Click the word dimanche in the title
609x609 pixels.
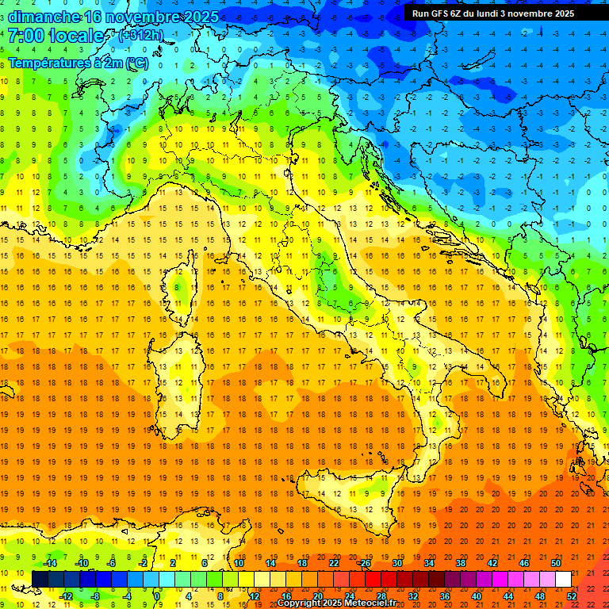[x=44, y=17]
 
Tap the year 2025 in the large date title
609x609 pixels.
[x=201, y=17]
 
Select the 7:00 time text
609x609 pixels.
[x=26, y=36]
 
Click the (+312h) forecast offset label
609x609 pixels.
[x=143, y=36]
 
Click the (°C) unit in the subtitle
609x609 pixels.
[x=136, y=63]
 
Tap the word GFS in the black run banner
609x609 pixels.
[x=438, y=13]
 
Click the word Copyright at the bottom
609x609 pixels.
[x=300, y=603]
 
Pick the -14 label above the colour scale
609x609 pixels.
[x=49, y=563]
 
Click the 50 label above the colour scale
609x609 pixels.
[x=556, y=563]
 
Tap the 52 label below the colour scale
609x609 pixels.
[x=572, y=596]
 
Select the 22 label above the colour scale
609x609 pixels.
[x=333, y=563]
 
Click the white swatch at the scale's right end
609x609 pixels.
[x=563, y=579]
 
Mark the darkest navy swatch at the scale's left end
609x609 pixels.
[x=40, y=579]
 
